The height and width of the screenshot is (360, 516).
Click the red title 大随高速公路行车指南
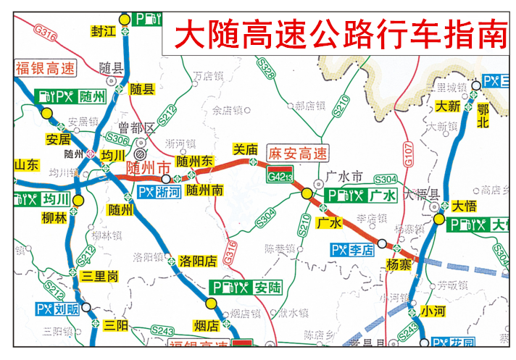coord(340,33)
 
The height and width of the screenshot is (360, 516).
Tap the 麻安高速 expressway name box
coord(298,154)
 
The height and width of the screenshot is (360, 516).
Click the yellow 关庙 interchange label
coord(244,148)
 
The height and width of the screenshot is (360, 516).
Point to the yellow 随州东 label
coord(194,160)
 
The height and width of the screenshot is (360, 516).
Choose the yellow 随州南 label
coord(204,191)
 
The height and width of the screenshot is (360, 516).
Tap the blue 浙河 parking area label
coord(159,193)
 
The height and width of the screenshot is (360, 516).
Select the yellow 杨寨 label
coord(399,264)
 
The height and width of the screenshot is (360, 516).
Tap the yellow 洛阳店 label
coord(197,260)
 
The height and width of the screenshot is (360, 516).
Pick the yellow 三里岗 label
coord(99,276)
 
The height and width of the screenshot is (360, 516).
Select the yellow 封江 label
coord(104,31)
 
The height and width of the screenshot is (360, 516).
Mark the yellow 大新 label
coord(447,106)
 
